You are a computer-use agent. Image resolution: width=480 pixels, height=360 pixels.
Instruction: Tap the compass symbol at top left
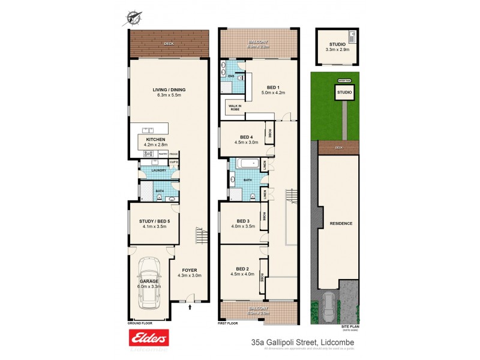point(133,18)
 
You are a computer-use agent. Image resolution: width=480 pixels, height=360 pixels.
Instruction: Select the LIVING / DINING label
point(171,90)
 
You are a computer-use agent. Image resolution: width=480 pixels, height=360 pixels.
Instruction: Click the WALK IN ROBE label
point(234,108)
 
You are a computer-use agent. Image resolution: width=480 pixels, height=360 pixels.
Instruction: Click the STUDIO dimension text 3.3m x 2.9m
point(337,51)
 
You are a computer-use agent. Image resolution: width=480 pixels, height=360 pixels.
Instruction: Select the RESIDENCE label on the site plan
point(340,223)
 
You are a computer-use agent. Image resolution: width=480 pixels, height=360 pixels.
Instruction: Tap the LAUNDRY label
point(158,170)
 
